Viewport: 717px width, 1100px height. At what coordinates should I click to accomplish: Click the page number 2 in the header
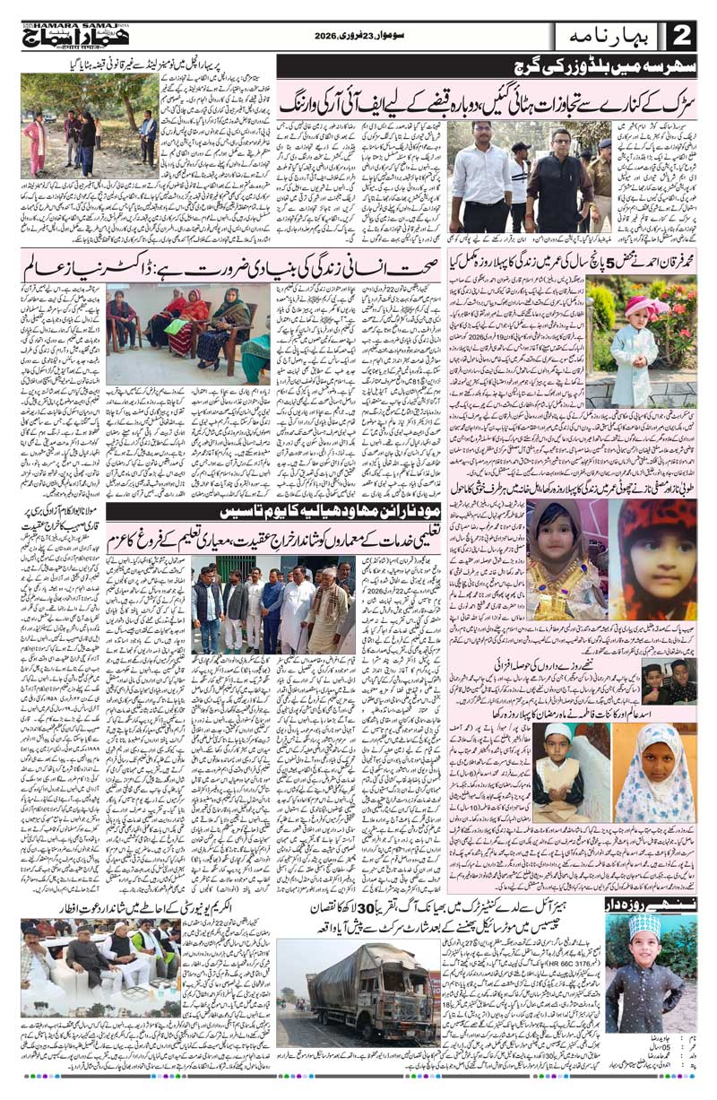point(682,37)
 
